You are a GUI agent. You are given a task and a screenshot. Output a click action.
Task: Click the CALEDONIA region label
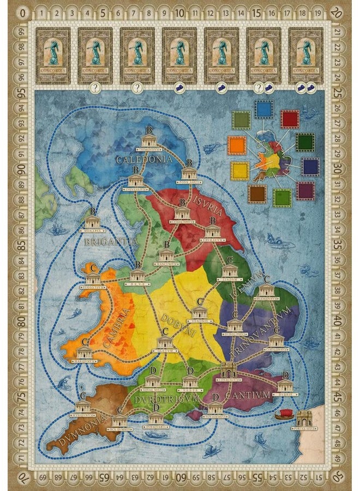coord(145,159)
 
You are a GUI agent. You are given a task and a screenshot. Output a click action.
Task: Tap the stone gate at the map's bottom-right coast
coord(303,418)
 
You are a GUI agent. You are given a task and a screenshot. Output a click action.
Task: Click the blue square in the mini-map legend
coord(265,110)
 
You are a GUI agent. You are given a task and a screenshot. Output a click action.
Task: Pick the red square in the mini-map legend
coord(290,118)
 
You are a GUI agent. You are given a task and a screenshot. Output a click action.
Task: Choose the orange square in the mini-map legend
coord(237,146)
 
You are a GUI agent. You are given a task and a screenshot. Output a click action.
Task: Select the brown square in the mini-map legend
coord(256,194)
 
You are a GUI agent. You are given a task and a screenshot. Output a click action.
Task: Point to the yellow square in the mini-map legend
coord(239,171)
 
